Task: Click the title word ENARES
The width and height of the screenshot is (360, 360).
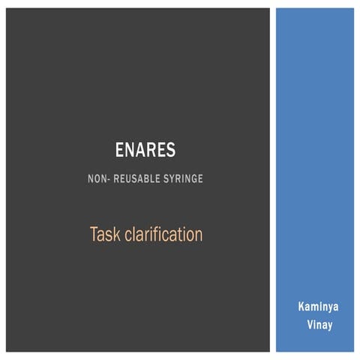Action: click(x=145, y=150)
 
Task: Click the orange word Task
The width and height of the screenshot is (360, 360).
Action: click(x=104, y=235)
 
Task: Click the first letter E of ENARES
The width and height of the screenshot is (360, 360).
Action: click(x=120, y=150)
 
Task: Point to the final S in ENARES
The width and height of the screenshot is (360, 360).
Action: click(x=171, y=150)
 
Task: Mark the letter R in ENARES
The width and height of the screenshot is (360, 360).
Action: click(x=151, y=150)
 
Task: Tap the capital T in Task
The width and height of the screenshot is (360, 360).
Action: click(x=94, y=235)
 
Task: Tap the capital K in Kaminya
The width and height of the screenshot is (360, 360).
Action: click(x=299, y=307)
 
